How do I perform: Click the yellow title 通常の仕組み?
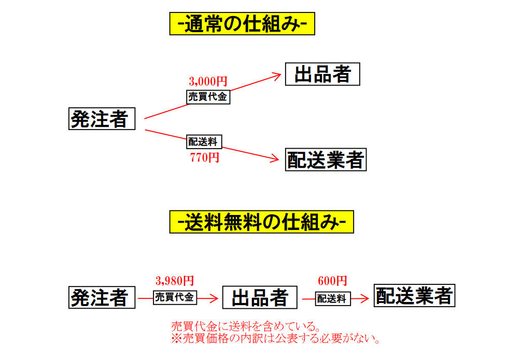coord(242,24)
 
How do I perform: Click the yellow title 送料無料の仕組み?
coord(261,222)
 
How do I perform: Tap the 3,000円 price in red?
coord(208,81)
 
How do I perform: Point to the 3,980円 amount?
coord(174,281)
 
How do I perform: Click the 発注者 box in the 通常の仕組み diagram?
coord(102,119)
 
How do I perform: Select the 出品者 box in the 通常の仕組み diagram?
coord(322,74)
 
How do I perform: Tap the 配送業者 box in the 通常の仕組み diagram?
coord(326,160)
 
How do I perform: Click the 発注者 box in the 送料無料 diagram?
coord(102,297)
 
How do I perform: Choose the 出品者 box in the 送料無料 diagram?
coord(260,297)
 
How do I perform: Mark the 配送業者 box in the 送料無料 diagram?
coord(415,296)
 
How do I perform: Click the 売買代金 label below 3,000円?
coord(207,96)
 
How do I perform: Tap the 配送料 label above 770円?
coord(203,142)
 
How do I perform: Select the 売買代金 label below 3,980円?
coord(174,298)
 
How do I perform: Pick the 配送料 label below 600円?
coord(332,298)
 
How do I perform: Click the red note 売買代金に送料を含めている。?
coord(245,327)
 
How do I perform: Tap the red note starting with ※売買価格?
coord(276,339)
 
